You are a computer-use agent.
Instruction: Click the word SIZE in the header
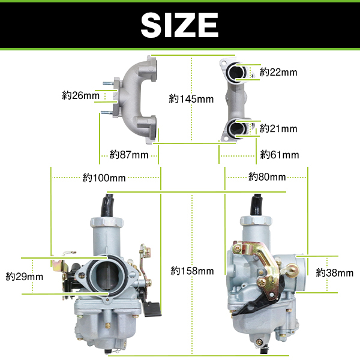(x=179, y=25)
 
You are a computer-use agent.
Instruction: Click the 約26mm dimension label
(x=80, y=95)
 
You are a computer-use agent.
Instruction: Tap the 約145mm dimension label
(x=191, y=99)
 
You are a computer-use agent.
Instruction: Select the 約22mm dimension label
(x=278, y=73)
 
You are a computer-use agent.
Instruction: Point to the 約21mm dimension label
(x=278, y=128)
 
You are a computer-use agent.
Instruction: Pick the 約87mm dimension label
(x=129, y=155)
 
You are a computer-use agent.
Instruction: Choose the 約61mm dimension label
(x=280, y=155)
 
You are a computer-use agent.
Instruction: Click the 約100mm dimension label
(x=104, y=178)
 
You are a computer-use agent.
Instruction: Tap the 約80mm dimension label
(x=267, y=177)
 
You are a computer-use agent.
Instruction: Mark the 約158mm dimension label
(x=192, y=271)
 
